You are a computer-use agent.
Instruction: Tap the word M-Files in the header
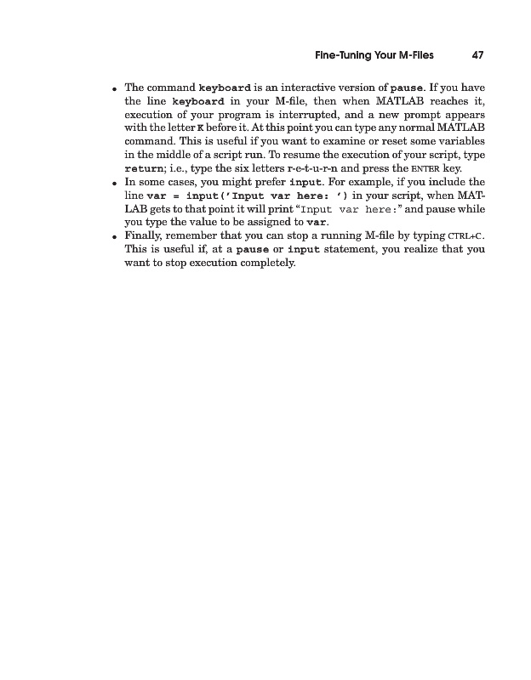coord(414,56)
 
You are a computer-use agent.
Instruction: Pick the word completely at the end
coord(260,263)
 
